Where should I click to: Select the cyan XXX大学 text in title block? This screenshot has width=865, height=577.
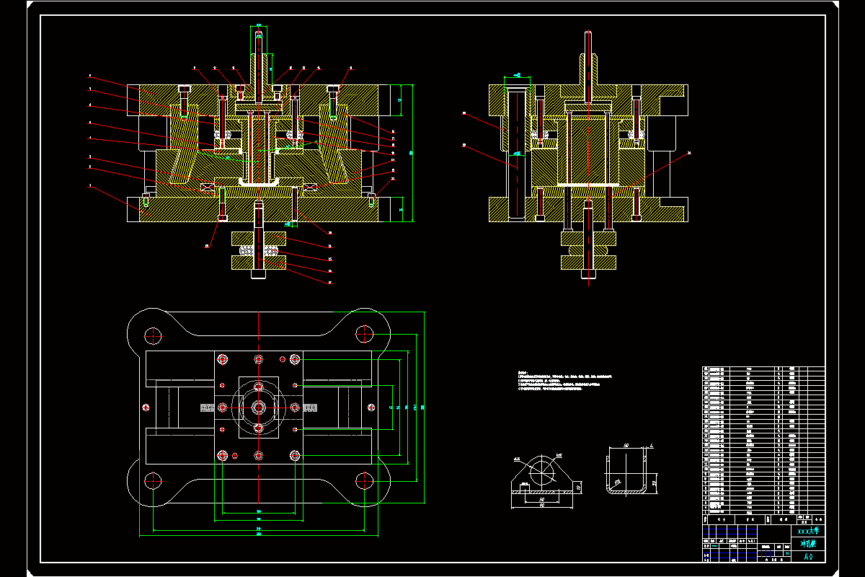click(x=807, y=531)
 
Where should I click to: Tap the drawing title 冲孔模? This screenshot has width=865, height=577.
click(x=807, y=543)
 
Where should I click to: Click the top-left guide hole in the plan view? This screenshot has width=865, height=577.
click(x=153, y=334)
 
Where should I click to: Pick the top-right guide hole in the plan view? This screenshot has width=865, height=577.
click(x=365, y=334)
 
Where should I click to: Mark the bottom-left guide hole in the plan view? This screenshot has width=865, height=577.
click(x=153, y=480)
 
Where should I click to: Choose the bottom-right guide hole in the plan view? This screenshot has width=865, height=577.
click(x=365, y=480)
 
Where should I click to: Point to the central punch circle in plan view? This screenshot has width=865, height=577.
click(x=259, y=408)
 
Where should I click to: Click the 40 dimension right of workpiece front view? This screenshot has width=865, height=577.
click(x=579, y=488)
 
